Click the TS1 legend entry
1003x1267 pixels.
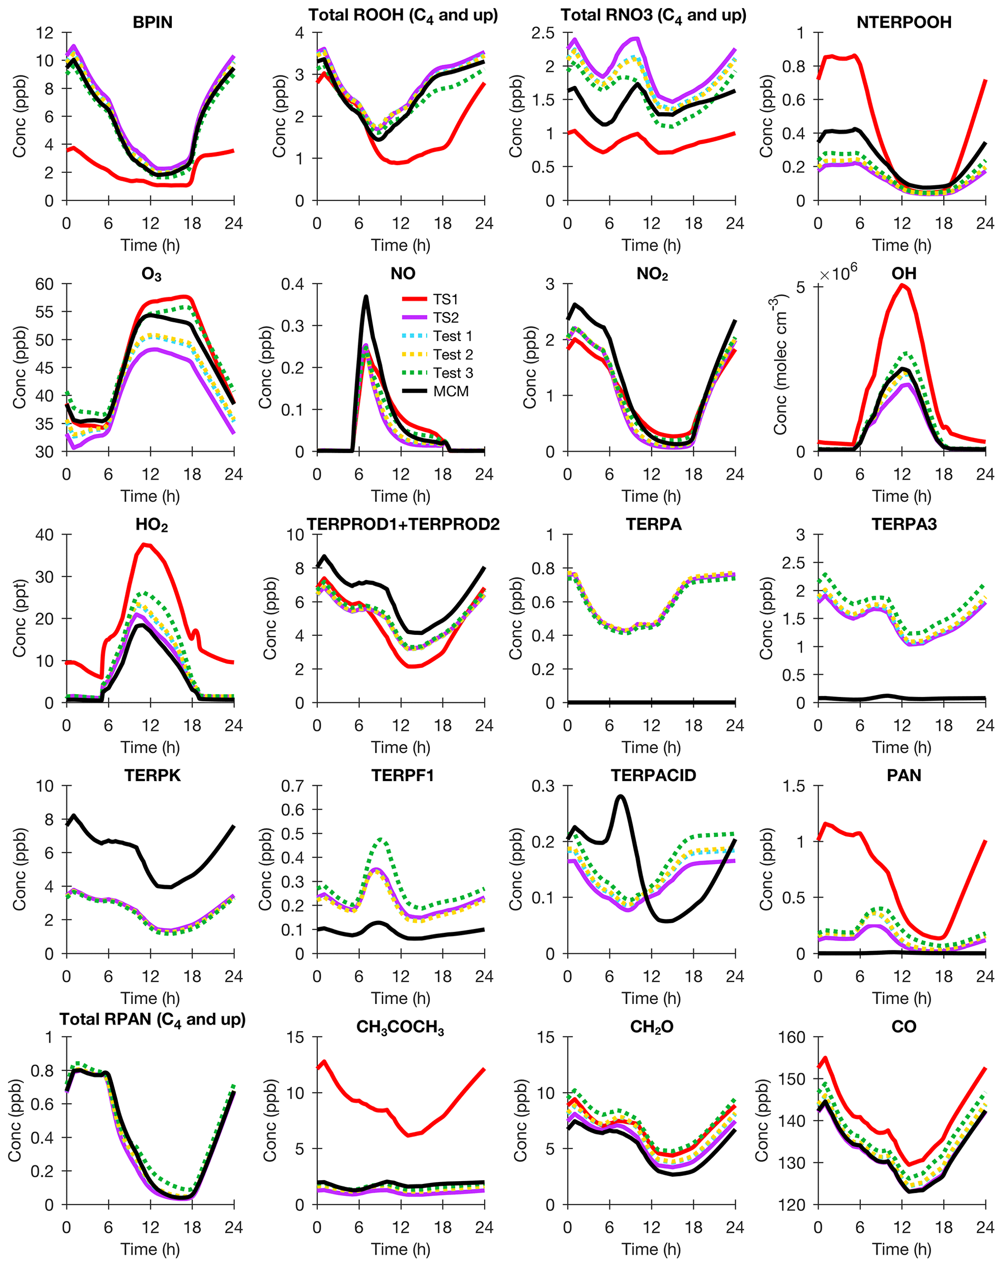click(445, 300)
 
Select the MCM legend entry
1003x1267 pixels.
click(450, 391)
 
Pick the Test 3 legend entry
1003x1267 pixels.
click(453, 373)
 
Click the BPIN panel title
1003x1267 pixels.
click(153, 22)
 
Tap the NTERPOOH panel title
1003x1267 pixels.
click(904, 22)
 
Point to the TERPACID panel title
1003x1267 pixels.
click(653, 775)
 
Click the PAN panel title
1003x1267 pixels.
click(904, 775)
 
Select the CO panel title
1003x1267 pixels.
click(904, 1026)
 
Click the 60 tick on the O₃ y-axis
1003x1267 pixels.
click(45, 284)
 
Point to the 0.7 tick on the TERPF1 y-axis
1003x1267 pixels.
click(293, 786)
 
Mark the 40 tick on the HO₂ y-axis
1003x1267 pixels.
click(45, 535)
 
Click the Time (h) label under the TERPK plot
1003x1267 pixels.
click(150, 998)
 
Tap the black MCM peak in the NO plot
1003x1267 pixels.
click(366, 297)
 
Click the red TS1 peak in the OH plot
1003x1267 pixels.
click(903, 286)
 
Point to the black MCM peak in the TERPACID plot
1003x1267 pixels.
click(621, 797)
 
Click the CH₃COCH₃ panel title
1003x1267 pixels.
click(400, 1027)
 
